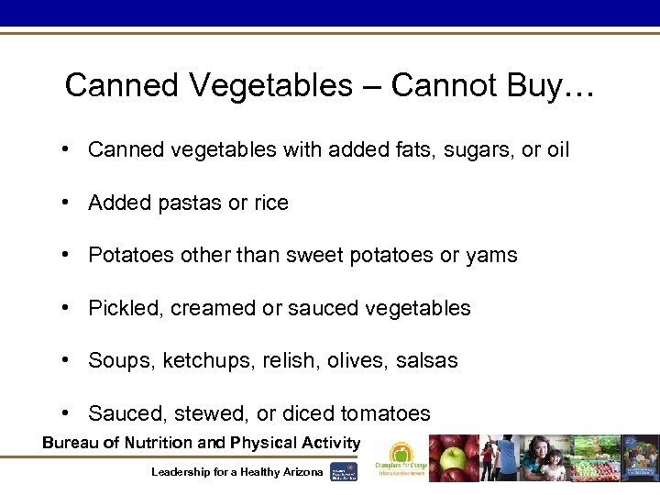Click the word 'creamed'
[218, 308]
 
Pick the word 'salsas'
[426, 360]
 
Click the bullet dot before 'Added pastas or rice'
[69, 203]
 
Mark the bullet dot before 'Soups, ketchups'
[69, 360]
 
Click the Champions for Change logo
[400, 458]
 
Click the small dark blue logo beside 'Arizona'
[345, 471]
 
